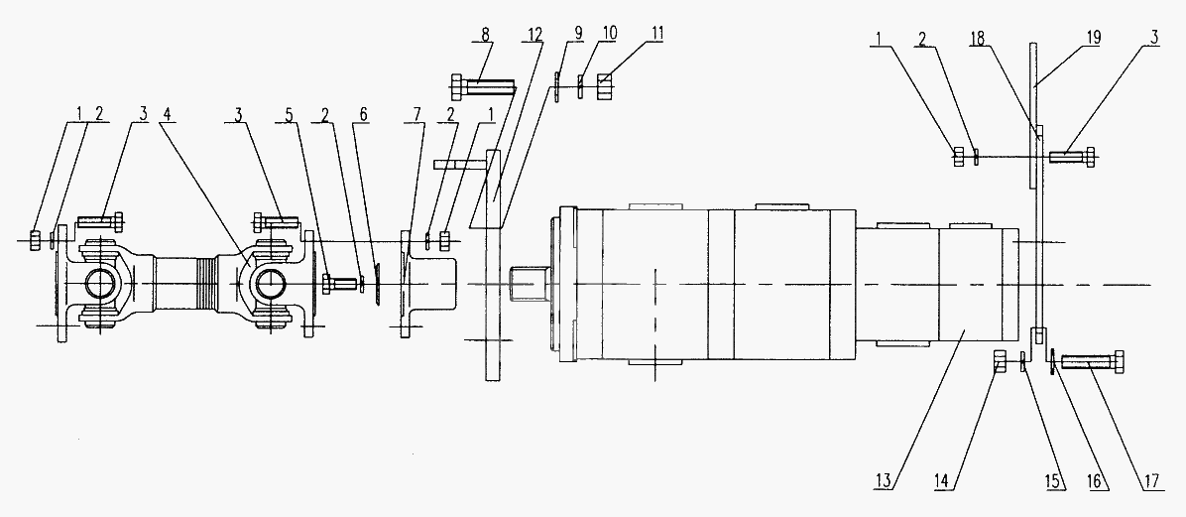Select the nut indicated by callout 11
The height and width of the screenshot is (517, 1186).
[x=604, y=86]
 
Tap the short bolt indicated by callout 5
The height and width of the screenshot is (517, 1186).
[x=339, y=285]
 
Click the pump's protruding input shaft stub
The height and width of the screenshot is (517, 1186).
[x=524, y=284]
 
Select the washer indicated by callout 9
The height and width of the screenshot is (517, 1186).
[x=557, y=87]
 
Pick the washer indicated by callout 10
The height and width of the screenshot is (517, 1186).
[x=580, y=86]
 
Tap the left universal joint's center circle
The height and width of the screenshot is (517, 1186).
[x=100, y=284]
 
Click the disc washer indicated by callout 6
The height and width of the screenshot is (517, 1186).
[x=377, y=285]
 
